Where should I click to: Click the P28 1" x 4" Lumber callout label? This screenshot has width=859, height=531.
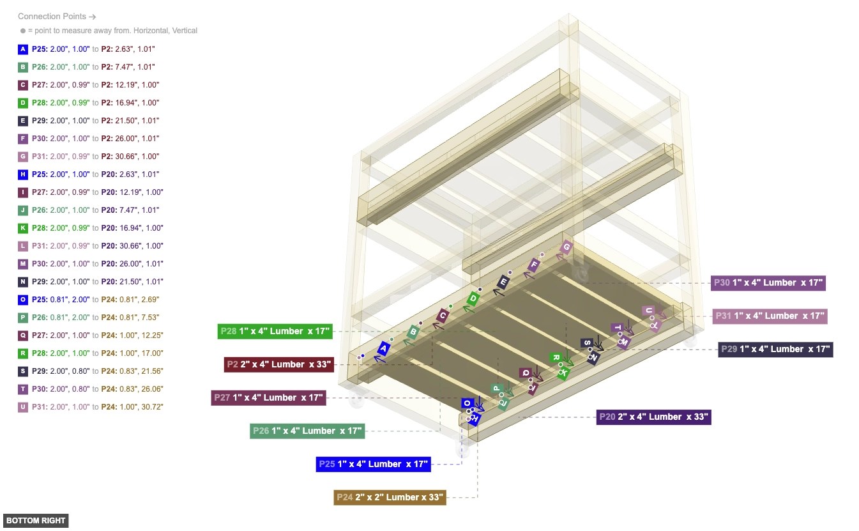pos(275,331)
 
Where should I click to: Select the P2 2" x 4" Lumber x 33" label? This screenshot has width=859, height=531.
pos(279,364)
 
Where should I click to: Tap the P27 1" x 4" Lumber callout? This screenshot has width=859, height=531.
pos(268,397)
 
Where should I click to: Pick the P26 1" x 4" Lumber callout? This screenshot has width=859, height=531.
pos(307,431)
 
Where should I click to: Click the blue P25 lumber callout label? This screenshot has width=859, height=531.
pos(373,464)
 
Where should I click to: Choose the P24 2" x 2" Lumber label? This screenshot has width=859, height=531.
pos(389,497)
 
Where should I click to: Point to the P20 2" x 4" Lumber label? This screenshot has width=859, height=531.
pos(653,417)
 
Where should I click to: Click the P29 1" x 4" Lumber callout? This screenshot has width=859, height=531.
pos(775,349)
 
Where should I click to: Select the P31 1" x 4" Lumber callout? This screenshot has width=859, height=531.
pos(770,316)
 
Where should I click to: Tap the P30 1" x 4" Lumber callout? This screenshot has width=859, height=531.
pos(768,282)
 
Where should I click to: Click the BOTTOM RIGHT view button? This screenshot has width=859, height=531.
pos(36,521)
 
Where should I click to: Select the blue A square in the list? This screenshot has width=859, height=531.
pos(23,49)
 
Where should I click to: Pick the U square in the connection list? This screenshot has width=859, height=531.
pos(23,407)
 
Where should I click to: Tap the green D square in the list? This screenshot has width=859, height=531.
pos(23,103)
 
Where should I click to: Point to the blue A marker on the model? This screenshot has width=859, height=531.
pos(383,348)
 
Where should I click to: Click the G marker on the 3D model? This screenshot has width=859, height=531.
pos(565,247)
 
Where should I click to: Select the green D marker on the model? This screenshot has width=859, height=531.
pos(473,298)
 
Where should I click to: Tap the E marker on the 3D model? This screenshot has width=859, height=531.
pos(503,282)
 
